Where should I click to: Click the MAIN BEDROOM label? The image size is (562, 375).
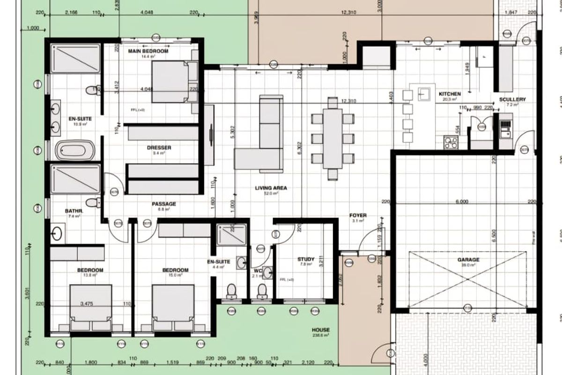148,51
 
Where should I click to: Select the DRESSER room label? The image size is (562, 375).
159,148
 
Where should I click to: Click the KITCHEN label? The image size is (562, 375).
450,94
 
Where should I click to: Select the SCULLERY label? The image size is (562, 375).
512,99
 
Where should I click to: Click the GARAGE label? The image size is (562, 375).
468,260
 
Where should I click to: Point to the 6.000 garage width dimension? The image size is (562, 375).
461,202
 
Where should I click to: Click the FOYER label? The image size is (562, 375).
358,216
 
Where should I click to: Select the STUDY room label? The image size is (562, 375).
306,259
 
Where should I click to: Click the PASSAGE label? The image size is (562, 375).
164,204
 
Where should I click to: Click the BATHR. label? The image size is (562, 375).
74,211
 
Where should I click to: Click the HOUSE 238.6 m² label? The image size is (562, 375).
321,330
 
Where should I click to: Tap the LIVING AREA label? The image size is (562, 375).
271,188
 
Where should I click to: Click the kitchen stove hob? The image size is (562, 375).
451,142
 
